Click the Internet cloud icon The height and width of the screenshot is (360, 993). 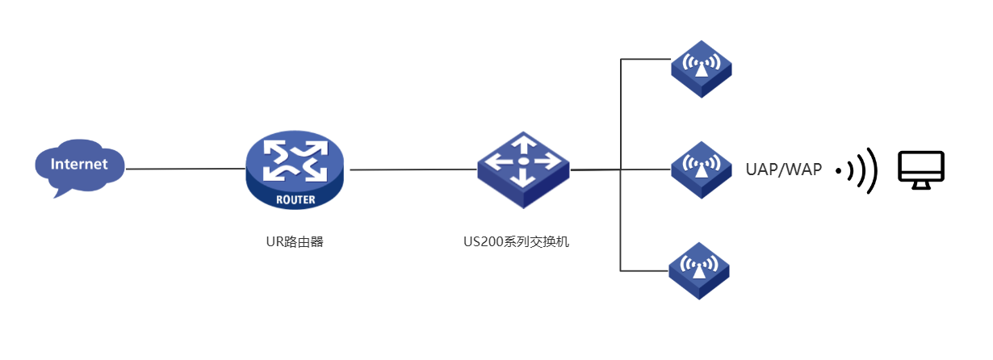79,168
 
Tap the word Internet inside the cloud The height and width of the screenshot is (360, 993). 79,165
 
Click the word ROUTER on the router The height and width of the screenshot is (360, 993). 294,199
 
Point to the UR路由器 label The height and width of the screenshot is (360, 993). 294,241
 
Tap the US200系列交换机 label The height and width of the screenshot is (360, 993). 523,241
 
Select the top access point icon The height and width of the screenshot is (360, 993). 701,68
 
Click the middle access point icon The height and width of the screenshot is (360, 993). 701,170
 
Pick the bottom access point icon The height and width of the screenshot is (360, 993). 699,270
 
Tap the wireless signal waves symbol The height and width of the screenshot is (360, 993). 858,170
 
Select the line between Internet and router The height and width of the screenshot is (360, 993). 186,169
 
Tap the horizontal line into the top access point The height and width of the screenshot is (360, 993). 646,60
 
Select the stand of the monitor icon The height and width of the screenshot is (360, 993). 921,186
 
